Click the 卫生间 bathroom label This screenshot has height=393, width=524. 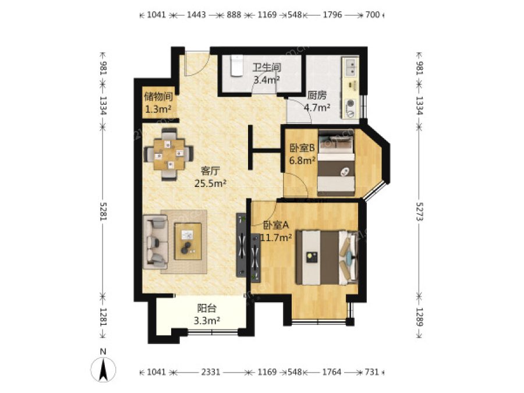266,67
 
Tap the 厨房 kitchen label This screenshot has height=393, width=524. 317,95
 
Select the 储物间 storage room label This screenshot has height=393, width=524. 158,97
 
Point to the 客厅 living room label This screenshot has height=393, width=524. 210,171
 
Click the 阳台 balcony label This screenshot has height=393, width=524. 207,308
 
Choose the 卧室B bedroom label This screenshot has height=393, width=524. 302,147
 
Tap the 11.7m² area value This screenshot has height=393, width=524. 276,238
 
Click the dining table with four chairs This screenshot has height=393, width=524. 169,154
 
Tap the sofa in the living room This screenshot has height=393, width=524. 155,242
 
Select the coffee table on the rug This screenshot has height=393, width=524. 188,241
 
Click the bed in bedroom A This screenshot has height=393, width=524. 327,257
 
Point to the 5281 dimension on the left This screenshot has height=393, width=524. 102,211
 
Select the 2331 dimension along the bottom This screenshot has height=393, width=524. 211,372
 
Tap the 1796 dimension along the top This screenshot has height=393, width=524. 332,15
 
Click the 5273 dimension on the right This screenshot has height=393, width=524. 419,211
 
